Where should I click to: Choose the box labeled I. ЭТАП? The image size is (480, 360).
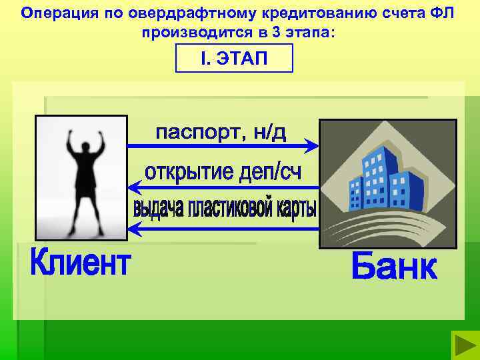coord(233,58)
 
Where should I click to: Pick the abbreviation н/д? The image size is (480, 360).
coord(269,132)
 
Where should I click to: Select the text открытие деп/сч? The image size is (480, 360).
coord(223,173)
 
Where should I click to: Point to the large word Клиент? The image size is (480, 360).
coord(80,262)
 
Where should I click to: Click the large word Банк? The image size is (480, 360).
coord(393,267)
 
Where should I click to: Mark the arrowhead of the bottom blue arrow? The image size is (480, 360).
coord(133,229)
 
